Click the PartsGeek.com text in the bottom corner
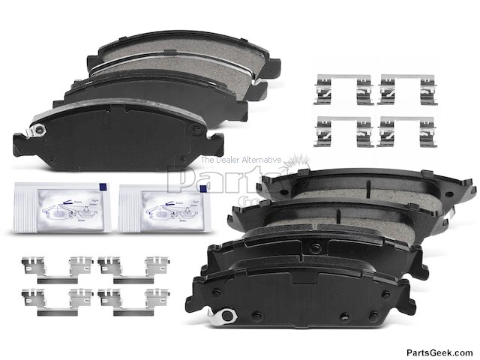[x=439, y=352]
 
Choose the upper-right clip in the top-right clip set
[x=408, y=90]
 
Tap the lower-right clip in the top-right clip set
[x=408, y=131]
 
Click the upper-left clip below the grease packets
[x=53, y=266]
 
